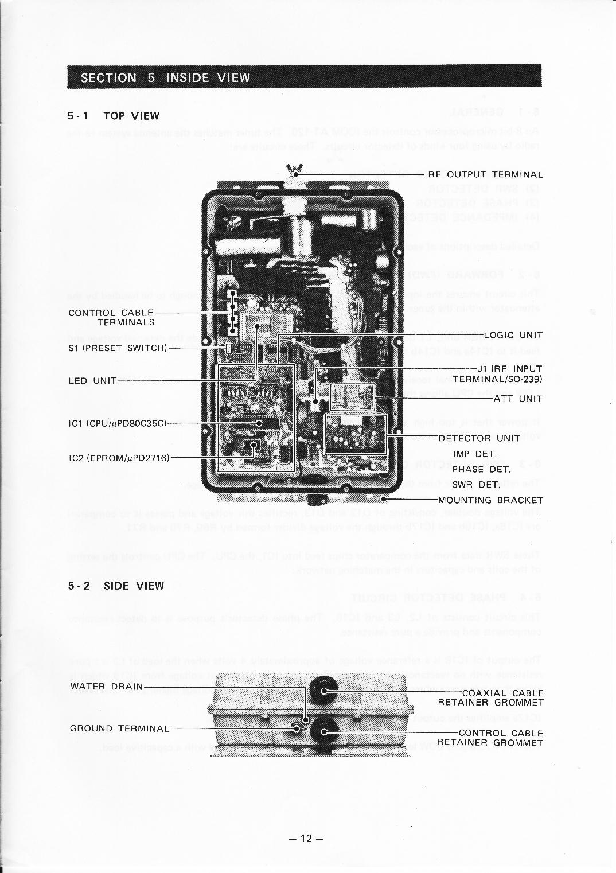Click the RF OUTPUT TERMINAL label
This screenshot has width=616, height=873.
click(485, 174)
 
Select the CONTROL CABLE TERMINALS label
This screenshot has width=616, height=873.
click(111, 317)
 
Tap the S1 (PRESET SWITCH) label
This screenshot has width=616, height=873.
click(118, 348)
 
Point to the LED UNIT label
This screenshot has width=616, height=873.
click(92, 381)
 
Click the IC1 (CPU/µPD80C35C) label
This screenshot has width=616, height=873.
click(117, 423)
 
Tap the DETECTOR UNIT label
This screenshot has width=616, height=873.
click(479, 438)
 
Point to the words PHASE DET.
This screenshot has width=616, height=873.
click(481, 469)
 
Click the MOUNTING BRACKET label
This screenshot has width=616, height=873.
click(490, 500)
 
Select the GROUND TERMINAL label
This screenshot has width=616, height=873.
click(119, 728)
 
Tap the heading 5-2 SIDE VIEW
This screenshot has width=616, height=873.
click(116, 586)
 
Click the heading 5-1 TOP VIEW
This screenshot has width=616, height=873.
click(114, 116)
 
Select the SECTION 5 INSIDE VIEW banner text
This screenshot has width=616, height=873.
click(165, 77)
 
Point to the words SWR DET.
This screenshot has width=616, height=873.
click(477, 485)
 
